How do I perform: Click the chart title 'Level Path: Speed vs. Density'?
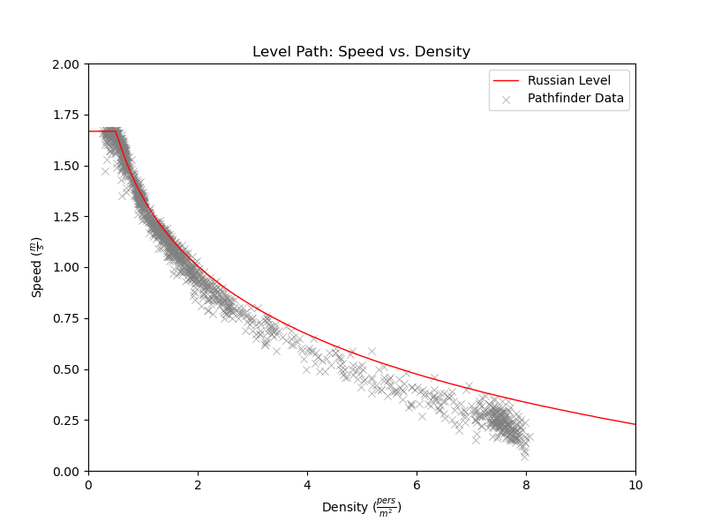(361, 52)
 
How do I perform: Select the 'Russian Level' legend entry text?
(569, 80)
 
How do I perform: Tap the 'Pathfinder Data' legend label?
(575, 99)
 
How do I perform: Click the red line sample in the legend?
(507, 80)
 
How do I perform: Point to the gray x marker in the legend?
(507, 99)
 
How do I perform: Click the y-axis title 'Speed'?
(37, 267)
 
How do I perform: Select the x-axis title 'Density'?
(361, 508)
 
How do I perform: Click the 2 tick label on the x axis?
(198, 484)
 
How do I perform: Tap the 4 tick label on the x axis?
(307, 484)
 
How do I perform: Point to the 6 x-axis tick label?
(417, 484)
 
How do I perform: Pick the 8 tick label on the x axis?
(526, 484)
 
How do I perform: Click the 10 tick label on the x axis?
(635, 484)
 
